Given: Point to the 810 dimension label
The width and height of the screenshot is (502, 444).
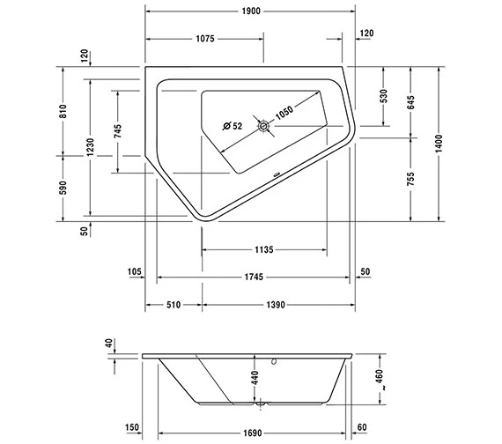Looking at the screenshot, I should [x=63, y=110].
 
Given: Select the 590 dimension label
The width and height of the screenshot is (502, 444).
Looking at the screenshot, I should [x=63, y=187].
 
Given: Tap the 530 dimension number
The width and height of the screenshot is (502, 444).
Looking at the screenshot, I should [x=383, y=96].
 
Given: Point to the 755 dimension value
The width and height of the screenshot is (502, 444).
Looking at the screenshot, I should [x=410, y=180].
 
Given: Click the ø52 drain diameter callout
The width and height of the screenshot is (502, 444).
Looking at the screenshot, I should [x=233, y=126].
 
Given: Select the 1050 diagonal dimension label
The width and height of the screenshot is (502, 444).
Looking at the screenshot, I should [x=284, y=111].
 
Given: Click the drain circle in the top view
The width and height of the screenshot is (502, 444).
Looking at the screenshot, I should [x=262, y=126].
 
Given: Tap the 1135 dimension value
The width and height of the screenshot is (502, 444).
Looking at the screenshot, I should [x=262, y=249].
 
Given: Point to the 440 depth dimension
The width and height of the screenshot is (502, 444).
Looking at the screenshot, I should [x=254, y=380].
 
